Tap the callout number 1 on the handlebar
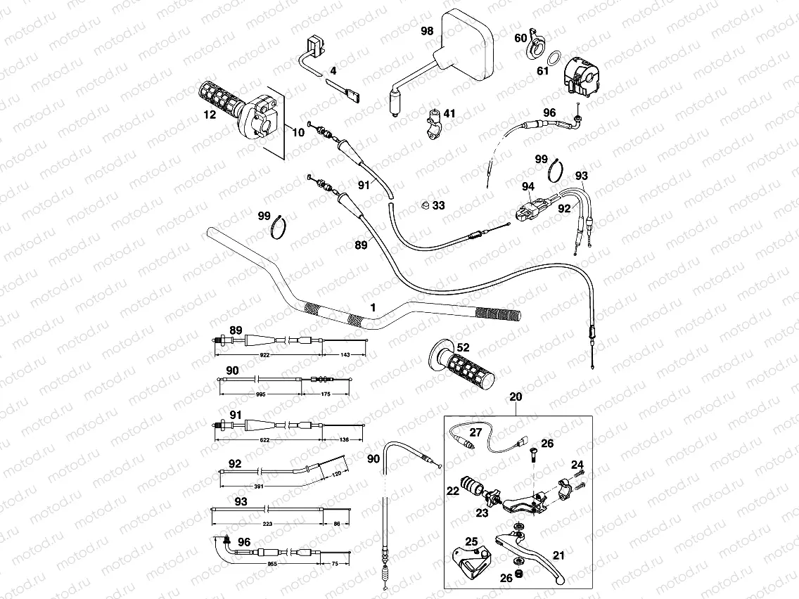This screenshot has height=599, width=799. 373,308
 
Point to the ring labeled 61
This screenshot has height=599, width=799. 554,57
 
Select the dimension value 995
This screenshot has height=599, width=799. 262,395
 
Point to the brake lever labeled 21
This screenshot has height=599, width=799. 535,555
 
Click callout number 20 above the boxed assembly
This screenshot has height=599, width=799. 516,397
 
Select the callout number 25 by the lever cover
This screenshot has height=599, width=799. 471,541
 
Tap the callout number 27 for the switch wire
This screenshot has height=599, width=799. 475,432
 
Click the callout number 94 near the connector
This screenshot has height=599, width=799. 528,186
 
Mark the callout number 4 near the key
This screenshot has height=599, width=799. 333,71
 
